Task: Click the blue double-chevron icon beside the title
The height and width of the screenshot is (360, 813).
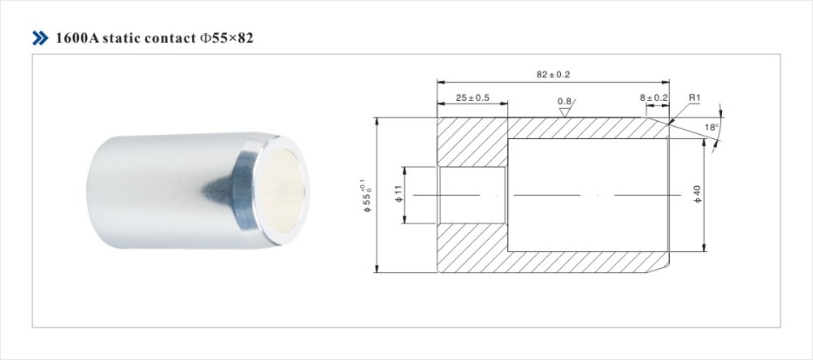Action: (40, 38)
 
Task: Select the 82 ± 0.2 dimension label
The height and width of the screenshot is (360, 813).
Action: (553, 75)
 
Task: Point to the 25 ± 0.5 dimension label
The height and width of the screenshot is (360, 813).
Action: (472, 98)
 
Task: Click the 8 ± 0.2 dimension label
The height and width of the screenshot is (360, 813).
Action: (654, 98)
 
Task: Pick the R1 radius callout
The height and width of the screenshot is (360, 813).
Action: (695, 98)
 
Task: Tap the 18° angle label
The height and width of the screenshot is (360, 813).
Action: (711, 127)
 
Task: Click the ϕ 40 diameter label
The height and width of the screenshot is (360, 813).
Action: (698, 193)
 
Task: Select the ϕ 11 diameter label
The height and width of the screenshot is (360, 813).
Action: (398, 195)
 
